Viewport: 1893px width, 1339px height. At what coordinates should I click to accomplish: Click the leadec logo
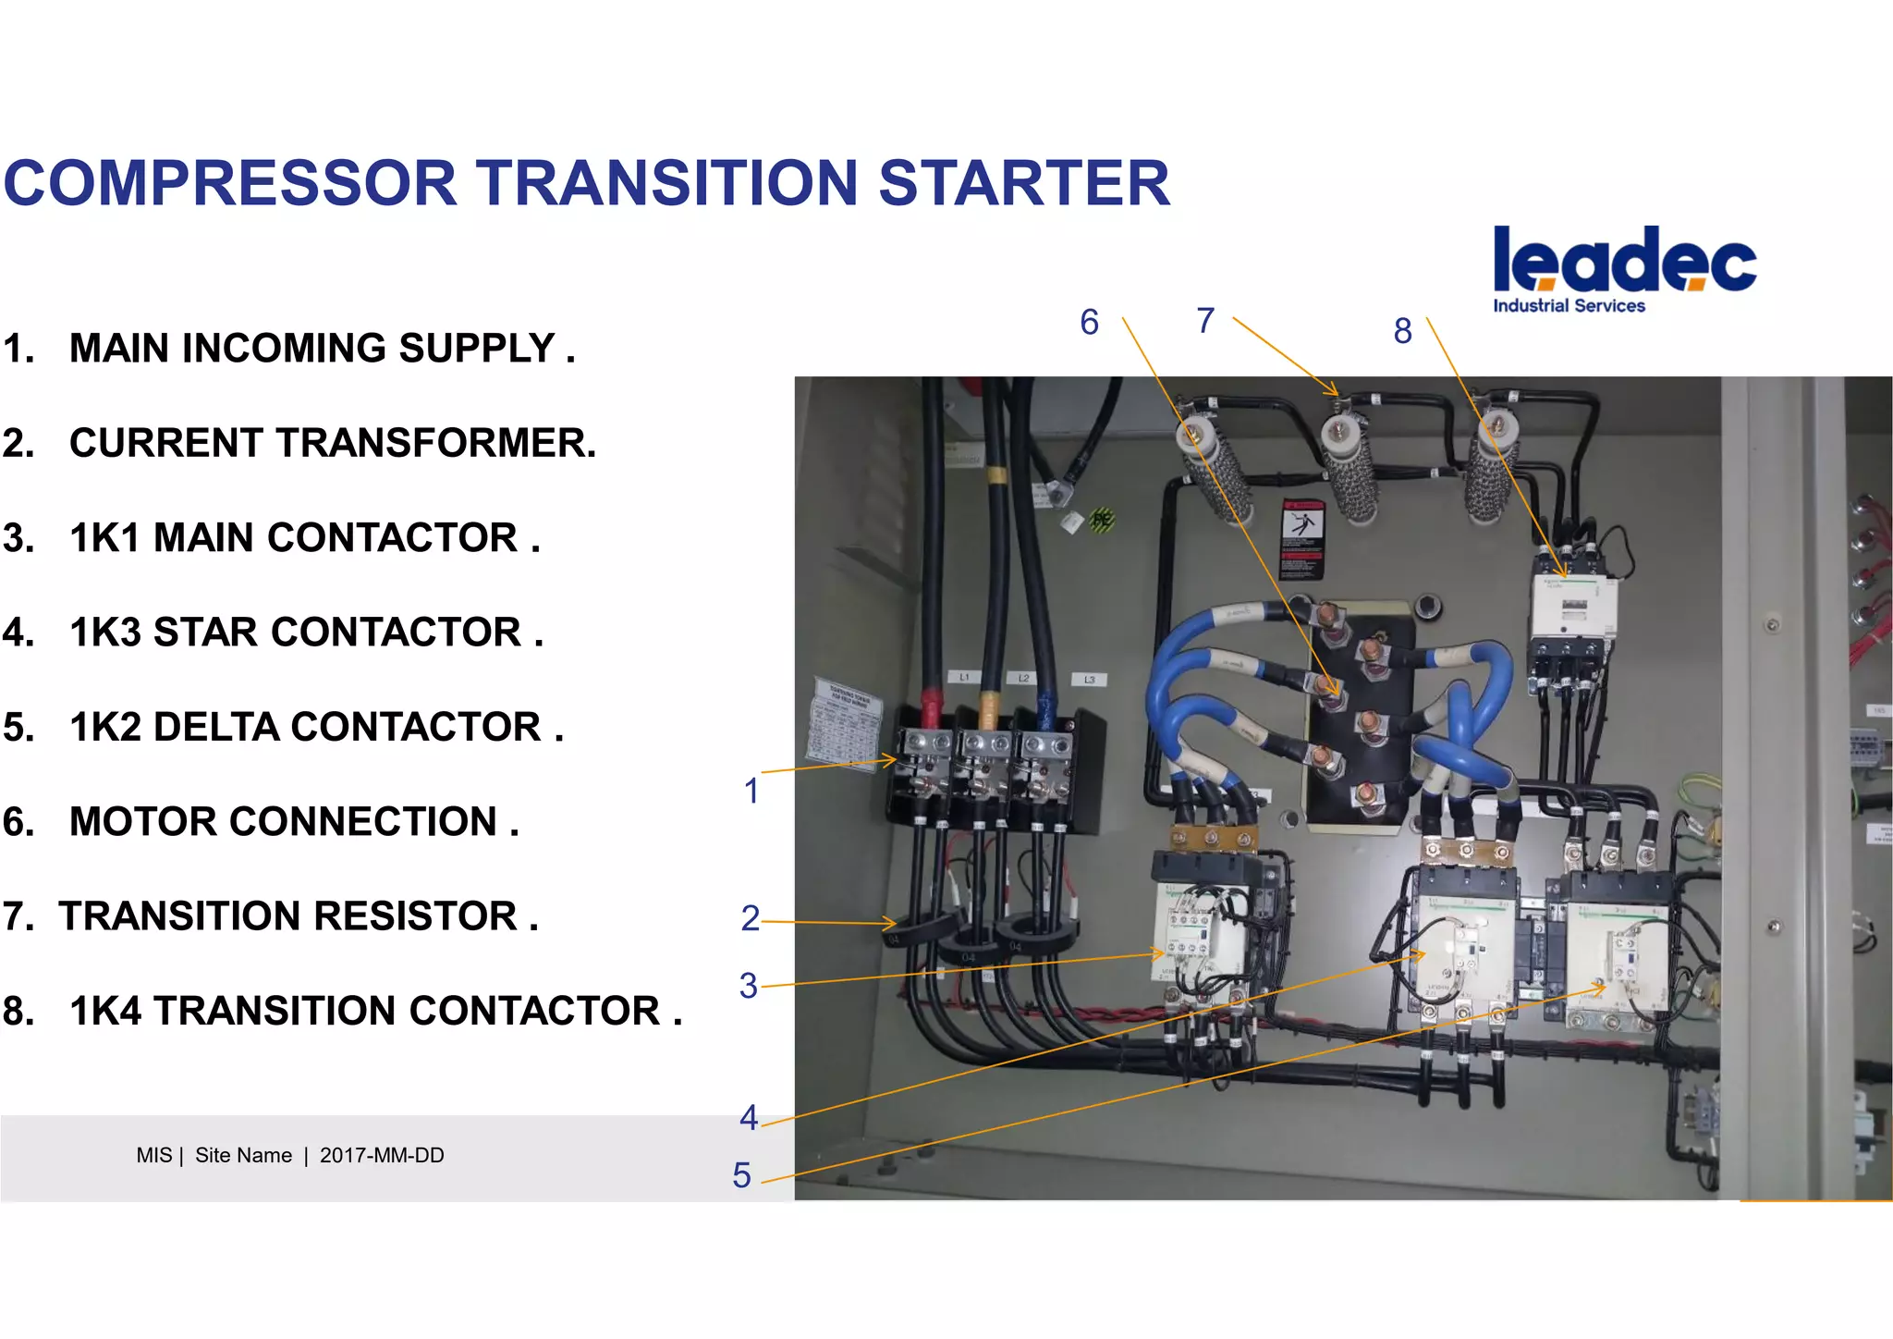point(1624,260)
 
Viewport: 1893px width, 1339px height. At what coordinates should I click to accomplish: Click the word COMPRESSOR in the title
point(230,183)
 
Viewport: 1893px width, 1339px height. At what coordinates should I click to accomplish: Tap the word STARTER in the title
point(1023,183)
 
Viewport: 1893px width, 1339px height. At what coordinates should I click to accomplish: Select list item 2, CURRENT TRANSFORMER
point(332,443)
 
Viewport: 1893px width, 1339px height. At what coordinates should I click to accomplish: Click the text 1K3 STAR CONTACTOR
point(305,633)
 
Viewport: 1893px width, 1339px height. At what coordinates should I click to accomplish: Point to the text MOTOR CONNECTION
point(293,821)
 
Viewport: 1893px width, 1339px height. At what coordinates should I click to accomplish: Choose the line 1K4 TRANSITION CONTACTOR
point(374,1011)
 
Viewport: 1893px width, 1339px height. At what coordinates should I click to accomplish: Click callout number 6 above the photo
point(1089,323)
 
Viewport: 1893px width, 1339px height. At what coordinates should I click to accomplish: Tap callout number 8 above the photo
point(1402,331)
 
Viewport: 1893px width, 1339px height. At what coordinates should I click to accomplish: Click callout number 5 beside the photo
point(741,1175)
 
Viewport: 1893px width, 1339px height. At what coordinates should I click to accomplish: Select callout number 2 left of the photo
point(750,918)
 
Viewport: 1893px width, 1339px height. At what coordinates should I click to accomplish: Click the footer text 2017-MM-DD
point(382,1156)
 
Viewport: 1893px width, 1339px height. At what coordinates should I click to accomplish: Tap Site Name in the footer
point(243,1156)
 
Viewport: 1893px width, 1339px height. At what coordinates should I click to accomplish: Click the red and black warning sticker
point(1301,538)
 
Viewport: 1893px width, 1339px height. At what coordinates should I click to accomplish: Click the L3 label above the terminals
point(1089,680)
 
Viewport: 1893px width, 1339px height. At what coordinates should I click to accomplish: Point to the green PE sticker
point(1101,520)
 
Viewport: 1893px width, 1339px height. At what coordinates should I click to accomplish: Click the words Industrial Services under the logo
point(1569,306)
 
